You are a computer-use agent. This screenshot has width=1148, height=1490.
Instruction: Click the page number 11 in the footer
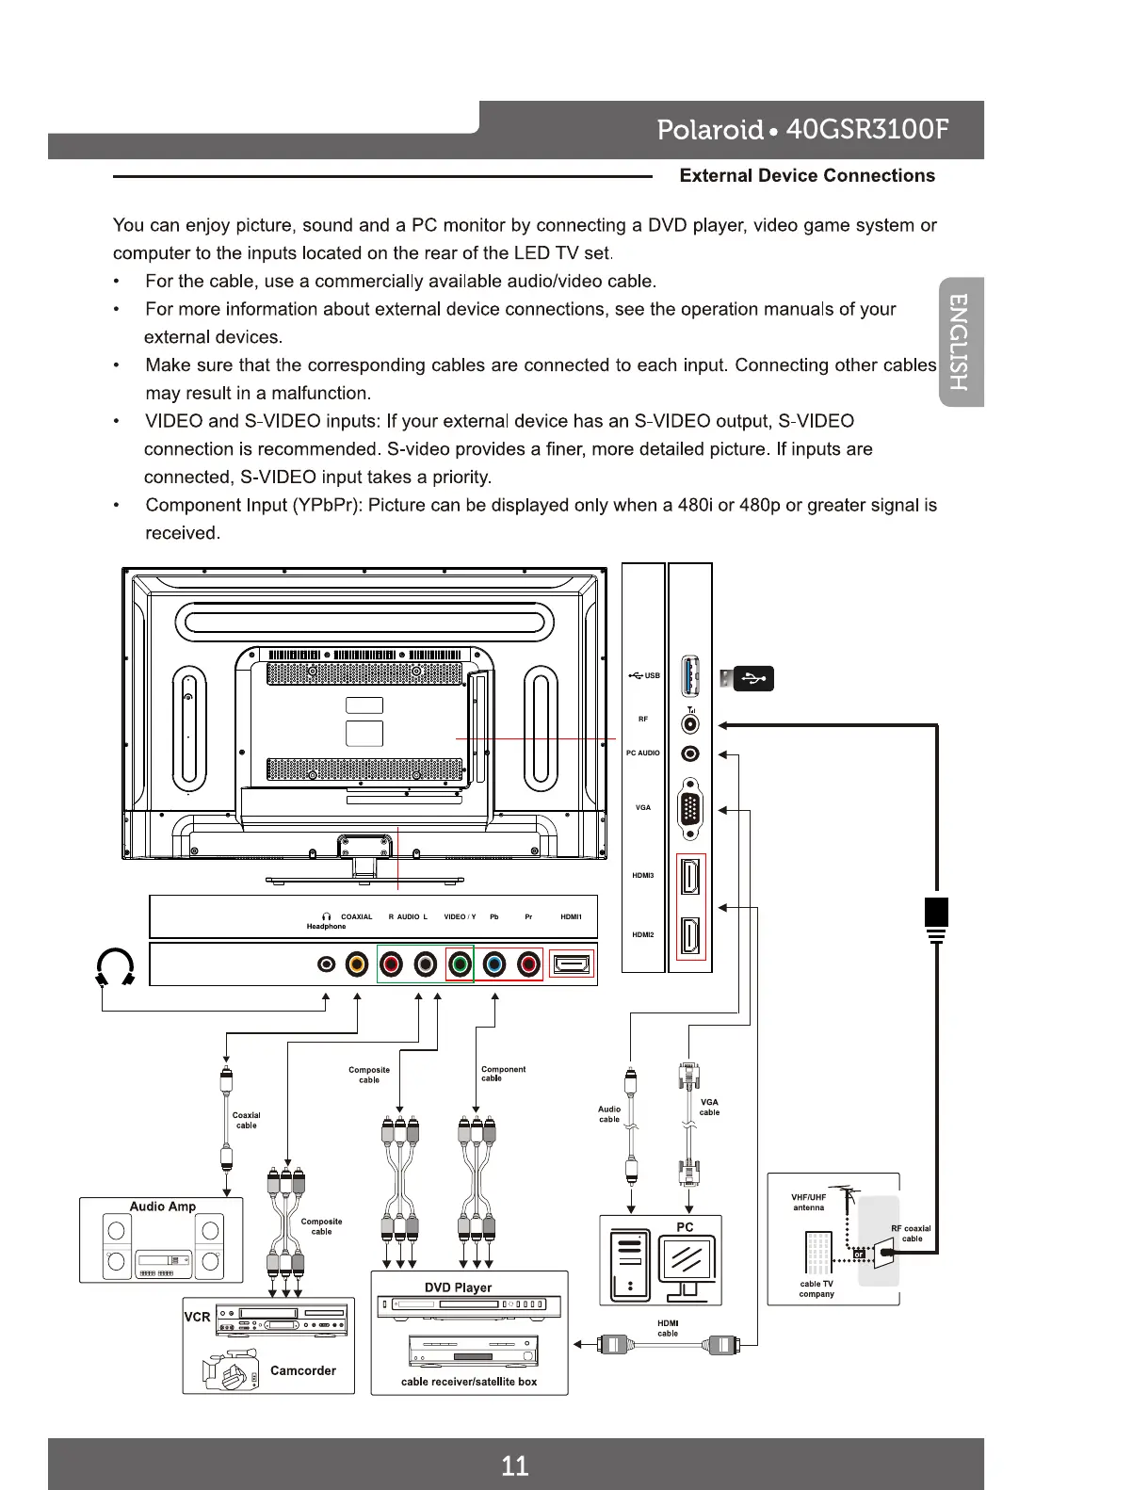click(514, 1465)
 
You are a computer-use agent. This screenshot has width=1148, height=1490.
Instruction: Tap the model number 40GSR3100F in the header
click(866, 129)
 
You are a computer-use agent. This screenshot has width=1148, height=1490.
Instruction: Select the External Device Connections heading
click(806, 175)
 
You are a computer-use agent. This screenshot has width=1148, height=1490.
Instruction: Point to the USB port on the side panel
click(690, 676)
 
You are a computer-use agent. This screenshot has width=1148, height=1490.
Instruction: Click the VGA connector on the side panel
click(690, 808)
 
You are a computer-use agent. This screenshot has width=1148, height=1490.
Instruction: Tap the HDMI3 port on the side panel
click(690, 877)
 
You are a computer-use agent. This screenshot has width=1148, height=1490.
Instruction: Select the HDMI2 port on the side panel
click(690, 935)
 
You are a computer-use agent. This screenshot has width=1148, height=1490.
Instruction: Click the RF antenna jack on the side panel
click(690, 723)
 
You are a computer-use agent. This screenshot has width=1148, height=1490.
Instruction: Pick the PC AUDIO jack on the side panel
click(690, 753)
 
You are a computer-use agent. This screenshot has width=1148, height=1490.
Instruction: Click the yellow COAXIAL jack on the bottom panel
click(357, 964)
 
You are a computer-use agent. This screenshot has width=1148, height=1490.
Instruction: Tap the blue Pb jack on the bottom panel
click(494, 964)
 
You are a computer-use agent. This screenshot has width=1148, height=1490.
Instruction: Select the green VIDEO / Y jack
click(460, 964)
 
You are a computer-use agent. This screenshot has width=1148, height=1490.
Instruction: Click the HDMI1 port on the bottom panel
click(572, 964)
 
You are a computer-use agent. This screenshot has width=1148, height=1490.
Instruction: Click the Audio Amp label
click(163, 1207)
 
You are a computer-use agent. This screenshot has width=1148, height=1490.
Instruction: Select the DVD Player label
click(458, 1288)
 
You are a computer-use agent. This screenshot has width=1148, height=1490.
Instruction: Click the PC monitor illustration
click(687, 1262)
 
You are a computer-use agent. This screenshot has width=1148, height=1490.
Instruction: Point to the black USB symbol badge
click(752, 677)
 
